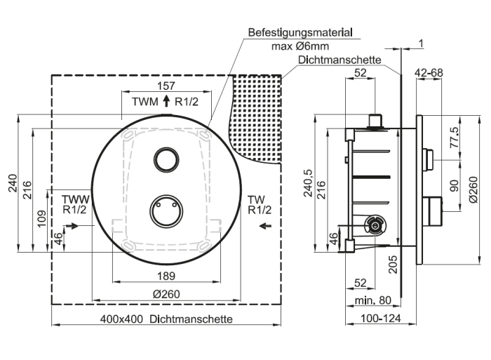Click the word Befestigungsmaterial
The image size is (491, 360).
pos(300,32)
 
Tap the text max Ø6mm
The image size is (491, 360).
pos(300,46)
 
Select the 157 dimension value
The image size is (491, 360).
pos(166,86)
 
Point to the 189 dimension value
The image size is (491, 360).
pos(166,276)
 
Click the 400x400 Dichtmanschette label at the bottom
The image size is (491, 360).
pos(166,319)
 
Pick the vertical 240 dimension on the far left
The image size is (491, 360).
pos(13,183)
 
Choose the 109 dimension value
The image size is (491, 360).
pos(41,218)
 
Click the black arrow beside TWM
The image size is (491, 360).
pos(166,101)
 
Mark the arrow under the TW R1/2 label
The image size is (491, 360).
pos(266,225)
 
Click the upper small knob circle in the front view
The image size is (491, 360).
pos(166,159)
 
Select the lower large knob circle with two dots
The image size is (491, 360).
pos(166,211)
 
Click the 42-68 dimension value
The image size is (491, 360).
pos(429,73)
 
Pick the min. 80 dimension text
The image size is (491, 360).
pos(372,300)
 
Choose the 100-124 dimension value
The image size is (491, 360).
pos(380,319)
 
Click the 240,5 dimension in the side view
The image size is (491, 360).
pos(308,183)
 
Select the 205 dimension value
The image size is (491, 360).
pos(393,265)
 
